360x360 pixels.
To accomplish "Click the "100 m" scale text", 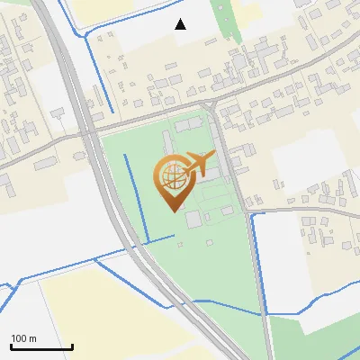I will coord(23,338).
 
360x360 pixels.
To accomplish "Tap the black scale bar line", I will coord(41,347).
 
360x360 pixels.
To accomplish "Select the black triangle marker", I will coord(181,24).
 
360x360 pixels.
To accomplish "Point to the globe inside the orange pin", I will coord(170,176).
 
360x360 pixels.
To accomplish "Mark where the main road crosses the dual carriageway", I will coord(88,135).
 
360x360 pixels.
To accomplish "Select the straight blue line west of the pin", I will coord(130,193).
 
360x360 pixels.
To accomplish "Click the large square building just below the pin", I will coord(193,219).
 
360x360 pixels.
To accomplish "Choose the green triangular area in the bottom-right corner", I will coord(315,337).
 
